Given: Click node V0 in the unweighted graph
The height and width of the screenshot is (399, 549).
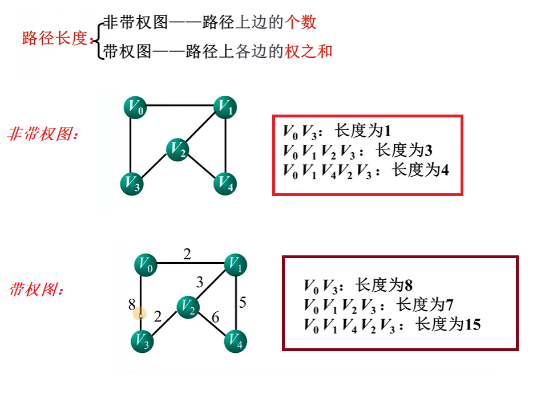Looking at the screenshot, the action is point(135,107).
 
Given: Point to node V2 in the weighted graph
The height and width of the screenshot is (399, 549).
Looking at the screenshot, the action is point(188,307).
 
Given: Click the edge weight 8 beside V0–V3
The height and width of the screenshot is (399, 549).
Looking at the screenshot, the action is point(132,305).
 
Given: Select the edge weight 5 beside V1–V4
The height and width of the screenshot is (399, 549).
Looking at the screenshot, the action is point(243,302).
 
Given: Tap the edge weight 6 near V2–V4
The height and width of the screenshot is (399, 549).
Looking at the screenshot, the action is point(215,317).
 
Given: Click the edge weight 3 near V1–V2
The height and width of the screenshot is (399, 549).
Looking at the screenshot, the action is point(200,282).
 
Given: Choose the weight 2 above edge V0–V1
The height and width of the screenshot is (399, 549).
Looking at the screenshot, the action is point(187,254).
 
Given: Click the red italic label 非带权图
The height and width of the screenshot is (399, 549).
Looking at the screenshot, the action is point(42,135).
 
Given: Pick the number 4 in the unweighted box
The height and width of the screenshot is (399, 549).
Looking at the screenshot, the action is point(445,170).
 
